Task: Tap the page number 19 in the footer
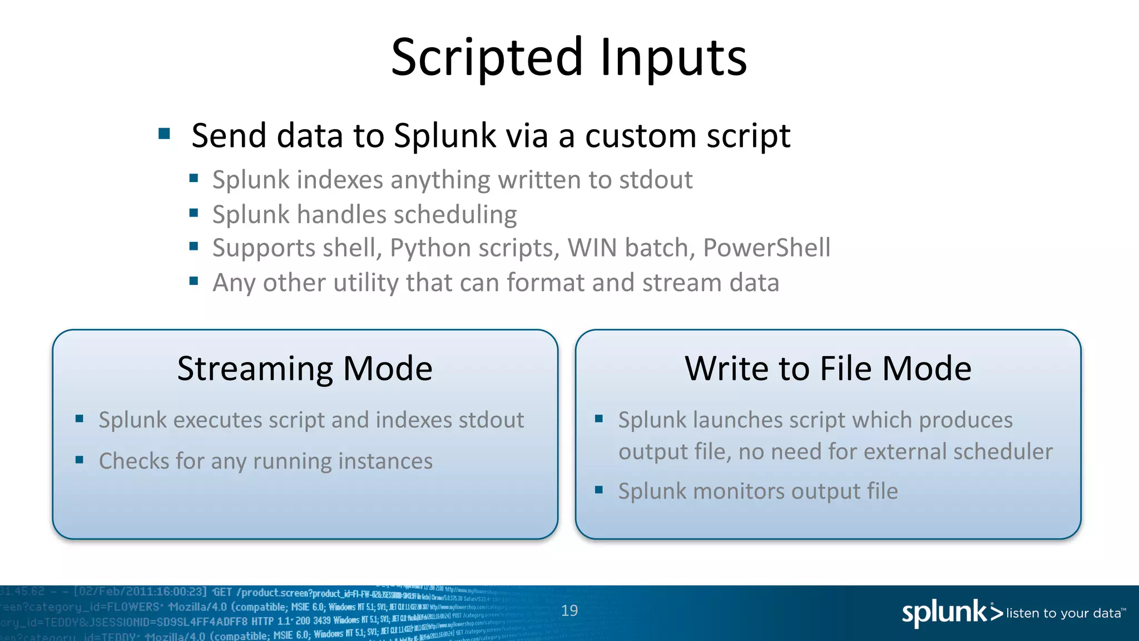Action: tap(569, 611)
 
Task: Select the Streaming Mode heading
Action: tap(305, 368)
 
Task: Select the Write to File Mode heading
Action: tap(828, 368)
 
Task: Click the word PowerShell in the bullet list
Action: tap(766, 248)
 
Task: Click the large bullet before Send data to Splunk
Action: tap(164, 134)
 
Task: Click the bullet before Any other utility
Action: tap(194, 281)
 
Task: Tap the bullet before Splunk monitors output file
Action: tap(599, 490)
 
